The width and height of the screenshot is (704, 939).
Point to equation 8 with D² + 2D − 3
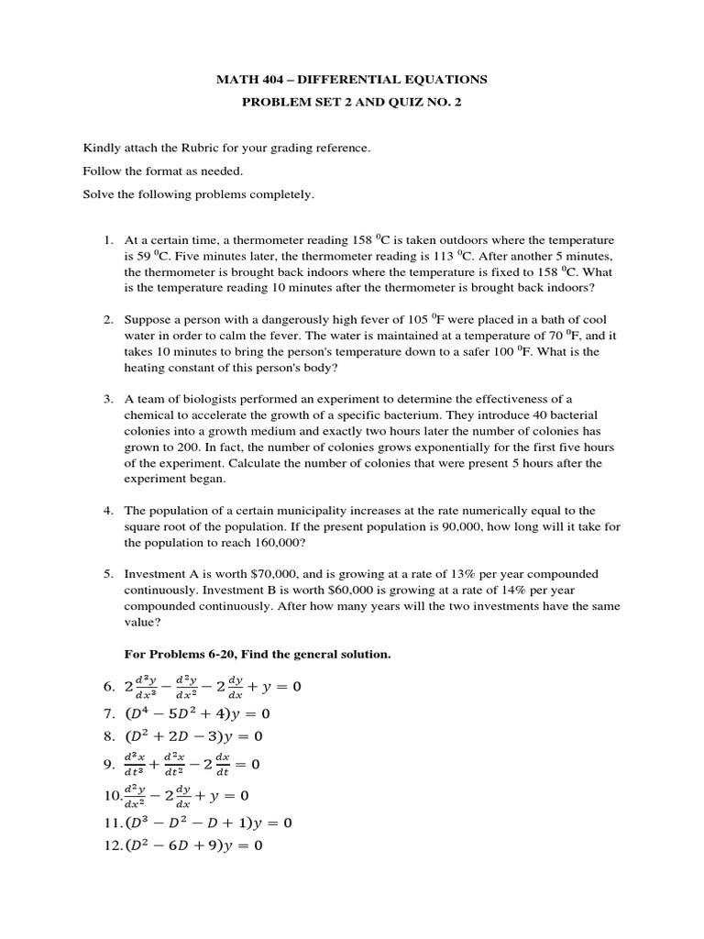click(x=193, y=735)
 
